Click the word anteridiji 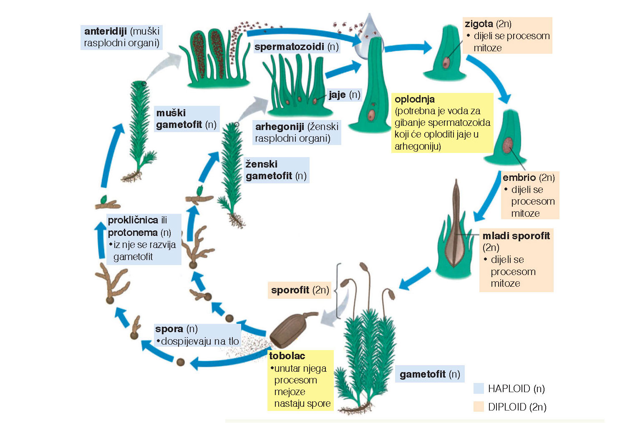[105, 31]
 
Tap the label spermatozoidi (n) [296, 47]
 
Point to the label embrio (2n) [528, 178]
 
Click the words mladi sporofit [516, 236]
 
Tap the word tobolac [287, 356]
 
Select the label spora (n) [176, 329]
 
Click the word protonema [133, 232]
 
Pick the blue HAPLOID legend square [478, 388]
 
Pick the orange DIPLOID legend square [478, 407]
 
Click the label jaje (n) [344, 95]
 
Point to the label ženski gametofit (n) [275, 170]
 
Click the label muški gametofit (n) [186, 119]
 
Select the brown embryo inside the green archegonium [507, 145]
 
